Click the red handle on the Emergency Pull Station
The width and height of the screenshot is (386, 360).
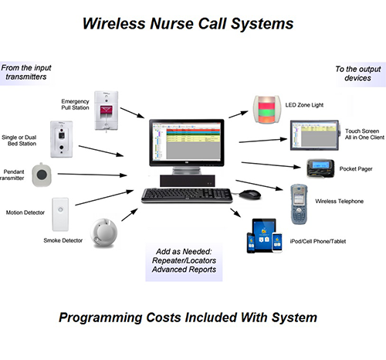pos(107,110)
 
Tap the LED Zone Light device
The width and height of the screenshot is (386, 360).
pos(266,110)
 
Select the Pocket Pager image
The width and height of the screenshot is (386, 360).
pos(320,168)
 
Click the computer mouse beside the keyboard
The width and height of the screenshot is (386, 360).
pos(249,194)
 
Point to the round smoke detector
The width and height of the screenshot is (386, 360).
pos(104,233)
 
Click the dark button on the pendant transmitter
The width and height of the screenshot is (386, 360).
pos(42,175)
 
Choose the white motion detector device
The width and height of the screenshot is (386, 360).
pos(60,214)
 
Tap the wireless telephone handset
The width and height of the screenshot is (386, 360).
pos(299,204)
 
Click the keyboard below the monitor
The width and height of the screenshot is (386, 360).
pos(187,195)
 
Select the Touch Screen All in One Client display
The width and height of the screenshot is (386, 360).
pos(314,135)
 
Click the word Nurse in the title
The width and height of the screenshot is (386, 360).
pos(171,24)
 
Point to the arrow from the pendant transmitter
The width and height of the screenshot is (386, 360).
pos(92,175)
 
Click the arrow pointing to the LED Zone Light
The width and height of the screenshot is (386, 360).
pos(239,114)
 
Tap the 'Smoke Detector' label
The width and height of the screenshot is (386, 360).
pos(63,240)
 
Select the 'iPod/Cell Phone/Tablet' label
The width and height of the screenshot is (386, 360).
pos(318,241)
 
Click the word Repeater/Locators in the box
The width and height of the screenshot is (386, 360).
pos(184,260)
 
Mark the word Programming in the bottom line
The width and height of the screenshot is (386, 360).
pos(100,318)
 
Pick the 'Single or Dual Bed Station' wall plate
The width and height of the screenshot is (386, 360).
pos(62,139)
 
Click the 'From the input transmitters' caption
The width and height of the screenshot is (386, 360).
pos(26,73)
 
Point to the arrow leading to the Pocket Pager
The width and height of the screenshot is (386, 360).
pos(271,165)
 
